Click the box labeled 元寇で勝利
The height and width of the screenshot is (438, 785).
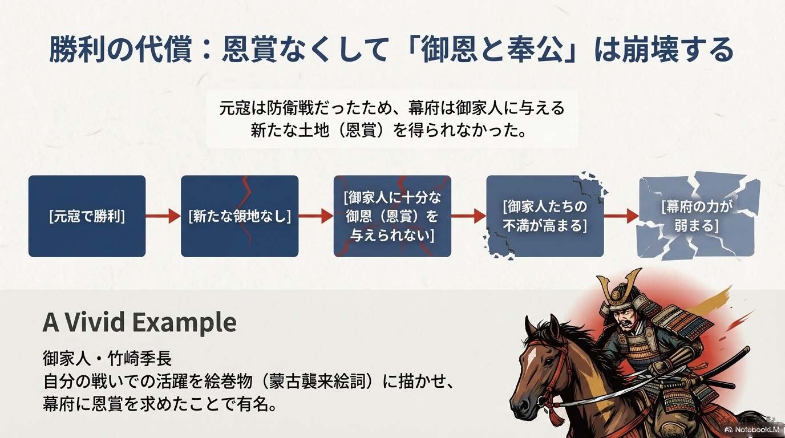click(87, 216)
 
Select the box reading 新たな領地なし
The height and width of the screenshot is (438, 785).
click(240, 216)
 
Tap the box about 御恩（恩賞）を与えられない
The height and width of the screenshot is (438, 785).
click(392, 216)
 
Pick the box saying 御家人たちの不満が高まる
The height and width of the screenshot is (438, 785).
click(545, 216)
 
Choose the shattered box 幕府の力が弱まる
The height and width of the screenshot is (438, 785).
click(697, 216)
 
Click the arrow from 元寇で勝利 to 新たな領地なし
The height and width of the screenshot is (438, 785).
click(163, 216)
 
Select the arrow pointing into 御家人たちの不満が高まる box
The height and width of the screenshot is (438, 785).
click(469, 216)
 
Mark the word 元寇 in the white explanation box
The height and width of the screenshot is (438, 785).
click(235, 108)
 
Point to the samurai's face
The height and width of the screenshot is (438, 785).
click(624, 318)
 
